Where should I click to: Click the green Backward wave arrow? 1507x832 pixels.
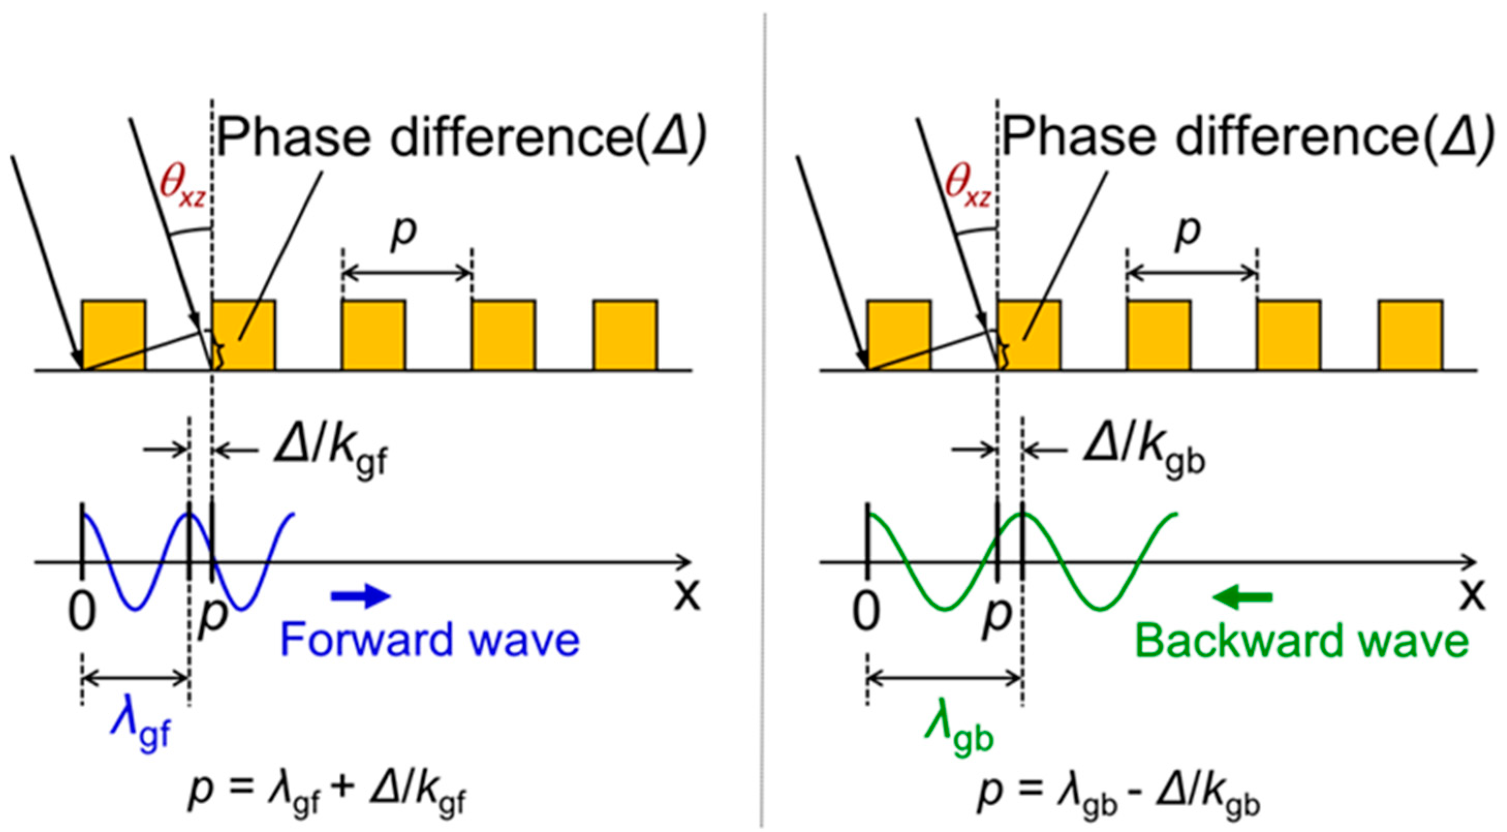[1243, 598]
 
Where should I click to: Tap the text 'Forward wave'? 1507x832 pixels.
[430, 639]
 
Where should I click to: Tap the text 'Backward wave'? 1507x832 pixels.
[1301, 641]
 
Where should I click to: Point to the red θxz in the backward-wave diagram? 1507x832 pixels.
[968, 190]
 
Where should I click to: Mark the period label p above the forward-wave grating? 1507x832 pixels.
[404, 232]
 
